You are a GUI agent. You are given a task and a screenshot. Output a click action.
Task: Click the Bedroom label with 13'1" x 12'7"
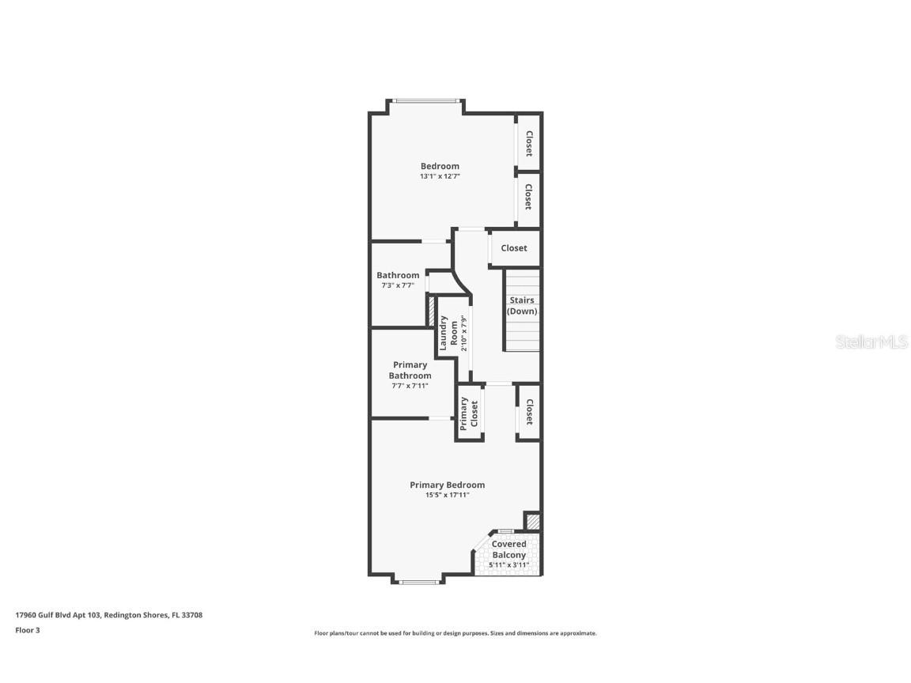(x=440, y=166)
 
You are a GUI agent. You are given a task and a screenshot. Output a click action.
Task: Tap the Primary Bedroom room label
(x=447, y=485)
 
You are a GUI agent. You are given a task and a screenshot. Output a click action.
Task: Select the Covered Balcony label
(x=509, y=549)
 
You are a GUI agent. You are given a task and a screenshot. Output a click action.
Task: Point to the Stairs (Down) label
(x=522, y=306)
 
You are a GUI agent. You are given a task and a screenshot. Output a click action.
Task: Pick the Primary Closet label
(x=470, y=413)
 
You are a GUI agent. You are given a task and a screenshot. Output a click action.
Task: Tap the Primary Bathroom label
(x=410, y=370)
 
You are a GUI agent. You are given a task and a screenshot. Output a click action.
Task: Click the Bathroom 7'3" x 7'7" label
(x=398, y=275)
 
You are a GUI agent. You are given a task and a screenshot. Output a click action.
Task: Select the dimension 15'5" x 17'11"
(x=447, y=496)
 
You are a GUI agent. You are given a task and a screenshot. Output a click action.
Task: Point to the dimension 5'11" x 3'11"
(x=509, y=564)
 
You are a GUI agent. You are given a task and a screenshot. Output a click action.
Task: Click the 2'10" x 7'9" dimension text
(x=464, y=333)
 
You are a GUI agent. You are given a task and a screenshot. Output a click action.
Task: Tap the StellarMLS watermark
(x=871, y=342)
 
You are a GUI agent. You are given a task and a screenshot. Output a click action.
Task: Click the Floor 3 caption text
(x=27, y=630)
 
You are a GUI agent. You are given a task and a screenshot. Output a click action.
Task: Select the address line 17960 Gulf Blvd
(x=109, y=614)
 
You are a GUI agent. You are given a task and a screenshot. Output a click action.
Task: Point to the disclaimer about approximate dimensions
(x=455, y=633)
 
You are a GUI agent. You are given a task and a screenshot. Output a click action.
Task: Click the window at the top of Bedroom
(x=426, y=100)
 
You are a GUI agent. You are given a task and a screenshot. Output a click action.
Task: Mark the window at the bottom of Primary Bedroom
(x=419, y=583)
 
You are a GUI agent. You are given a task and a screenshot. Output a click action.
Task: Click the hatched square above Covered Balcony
(x=533, y=522)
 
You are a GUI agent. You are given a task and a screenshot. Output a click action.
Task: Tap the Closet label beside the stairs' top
(x=514, y=248)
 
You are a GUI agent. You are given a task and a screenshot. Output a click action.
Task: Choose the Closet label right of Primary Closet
(x=529, y=411)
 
